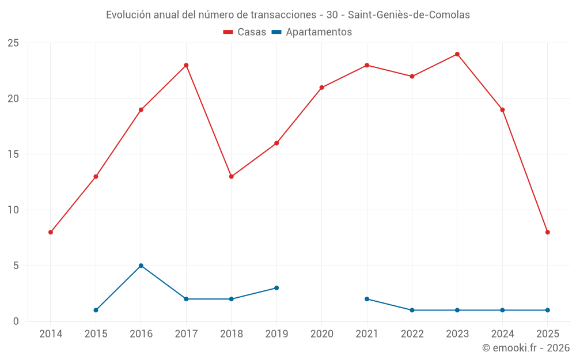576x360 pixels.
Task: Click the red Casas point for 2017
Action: pyautogui.click(x=186, y=65)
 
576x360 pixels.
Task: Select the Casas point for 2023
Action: pyautogui.click(x=457, y=54)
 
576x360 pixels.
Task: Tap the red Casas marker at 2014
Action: pyautogui.click(x=51, y=232)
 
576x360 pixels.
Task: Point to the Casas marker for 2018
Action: pyautogui.click(x=231, y=176)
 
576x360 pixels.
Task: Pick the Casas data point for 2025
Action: pyautogui.click(x=547, y=232)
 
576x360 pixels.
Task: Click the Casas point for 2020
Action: pyautogui.click(x=321, y=88)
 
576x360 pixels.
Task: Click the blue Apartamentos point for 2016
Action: pyautogui.click(x=141, y=266)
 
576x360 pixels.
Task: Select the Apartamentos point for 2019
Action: pyautogui.click(x=276, y=288)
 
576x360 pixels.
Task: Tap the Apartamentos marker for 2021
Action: pyautogui.click(x=366, y=299)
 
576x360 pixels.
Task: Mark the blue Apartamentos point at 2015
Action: pyautogui.click(x=96, y=310)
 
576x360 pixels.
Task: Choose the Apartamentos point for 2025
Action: pyautogui.click(x=547, y=310)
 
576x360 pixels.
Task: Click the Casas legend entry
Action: pyautogui.click(x=245, y=32)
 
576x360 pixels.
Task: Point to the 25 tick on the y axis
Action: pyautogui.click(x=13, y=43)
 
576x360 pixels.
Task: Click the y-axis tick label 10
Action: pyautogui.click(x=13, y=210)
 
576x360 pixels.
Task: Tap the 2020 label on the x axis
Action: pyautogui.click(x=321, y=334)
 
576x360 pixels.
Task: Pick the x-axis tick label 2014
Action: pyautogui.click(x=51, y=334)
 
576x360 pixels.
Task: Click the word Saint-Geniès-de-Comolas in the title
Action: pyautogui.click(x=408, y=14)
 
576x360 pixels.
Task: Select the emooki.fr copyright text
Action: pyautogui.click(x=525, y=347)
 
